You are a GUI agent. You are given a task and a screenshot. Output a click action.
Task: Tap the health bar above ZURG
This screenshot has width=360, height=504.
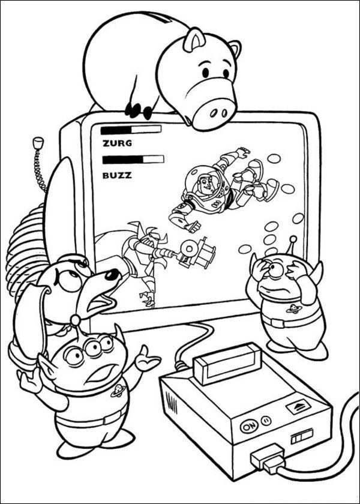coord(131,129)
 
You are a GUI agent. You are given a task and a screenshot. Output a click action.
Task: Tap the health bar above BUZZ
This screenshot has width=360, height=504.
coord(133,159)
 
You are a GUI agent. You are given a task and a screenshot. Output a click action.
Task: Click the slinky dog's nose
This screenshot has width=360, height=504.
coord(112,274)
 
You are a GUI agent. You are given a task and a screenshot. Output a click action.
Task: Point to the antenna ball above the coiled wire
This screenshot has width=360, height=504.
coord(38,143)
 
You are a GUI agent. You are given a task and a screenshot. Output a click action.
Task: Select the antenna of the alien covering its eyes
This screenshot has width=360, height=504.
coord(292,242)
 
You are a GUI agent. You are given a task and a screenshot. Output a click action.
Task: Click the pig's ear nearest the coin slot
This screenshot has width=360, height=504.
coord(193,41)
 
